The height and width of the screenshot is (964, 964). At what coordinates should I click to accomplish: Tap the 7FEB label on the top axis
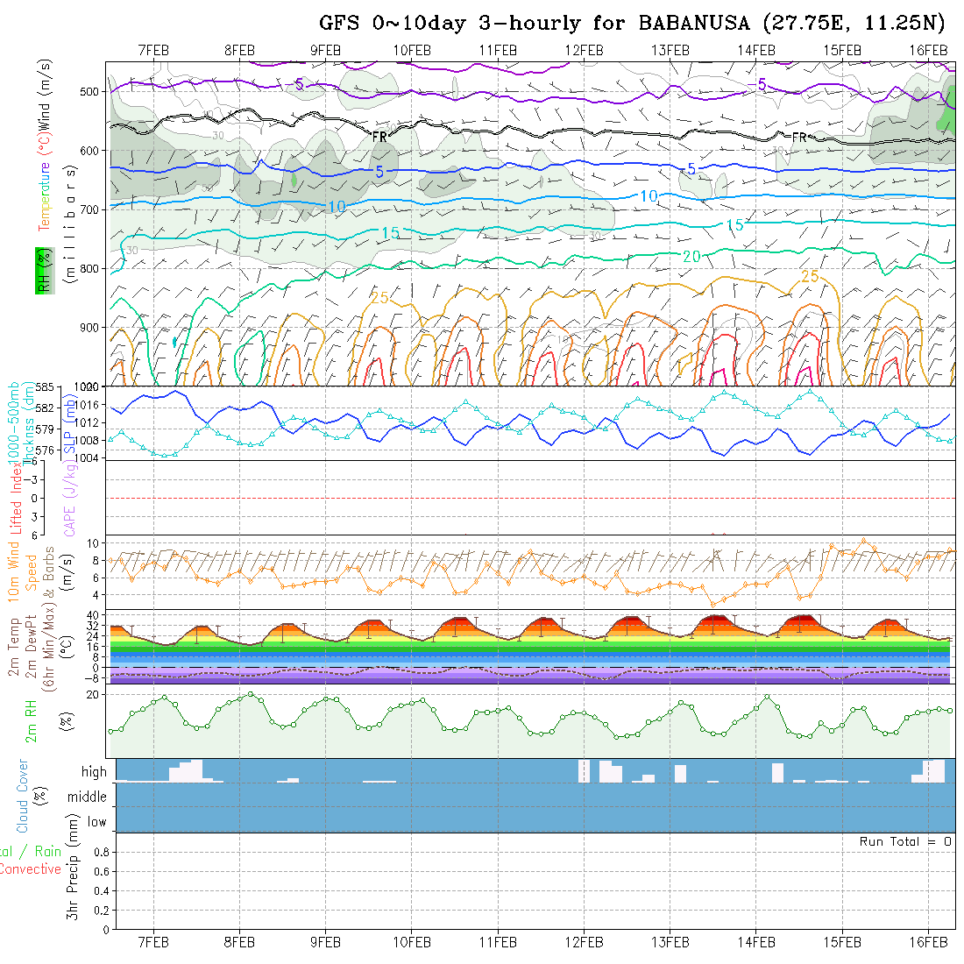click(154, 50)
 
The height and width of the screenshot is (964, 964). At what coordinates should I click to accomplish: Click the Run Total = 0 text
click(905, 841)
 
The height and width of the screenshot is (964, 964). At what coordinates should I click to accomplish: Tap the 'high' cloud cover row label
click(94, 772)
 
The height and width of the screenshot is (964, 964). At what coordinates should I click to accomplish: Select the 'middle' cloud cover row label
click(88, 797)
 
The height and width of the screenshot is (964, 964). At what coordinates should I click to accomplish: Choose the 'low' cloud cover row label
click(96, 822)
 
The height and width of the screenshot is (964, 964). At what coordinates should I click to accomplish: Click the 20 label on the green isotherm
click(691, 256)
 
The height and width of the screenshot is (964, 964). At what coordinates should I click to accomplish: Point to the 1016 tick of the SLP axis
click(89, 405)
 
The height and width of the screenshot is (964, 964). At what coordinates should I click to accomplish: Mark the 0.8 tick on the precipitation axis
click(100, 852)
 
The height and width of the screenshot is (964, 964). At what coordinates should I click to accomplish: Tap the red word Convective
click(30, 869)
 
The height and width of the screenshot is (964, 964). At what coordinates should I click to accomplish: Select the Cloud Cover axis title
click(22, 796)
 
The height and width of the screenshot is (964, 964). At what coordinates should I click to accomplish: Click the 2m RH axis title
click(32, 721)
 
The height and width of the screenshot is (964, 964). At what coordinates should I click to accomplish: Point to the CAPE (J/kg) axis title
click(70, 497)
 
